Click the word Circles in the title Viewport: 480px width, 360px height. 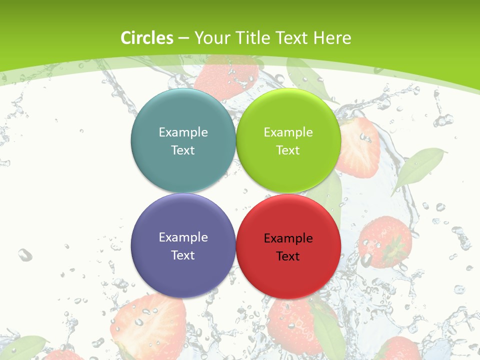point(147,38)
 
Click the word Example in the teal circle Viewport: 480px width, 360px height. point(183,132)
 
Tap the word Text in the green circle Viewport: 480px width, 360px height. point(288,150)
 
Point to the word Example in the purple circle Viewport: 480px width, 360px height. point(183,237)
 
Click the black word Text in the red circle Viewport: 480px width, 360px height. point(288,256)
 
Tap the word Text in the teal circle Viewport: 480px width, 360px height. point(183,150)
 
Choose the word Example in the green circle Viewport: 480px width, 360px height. point(288,132)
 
